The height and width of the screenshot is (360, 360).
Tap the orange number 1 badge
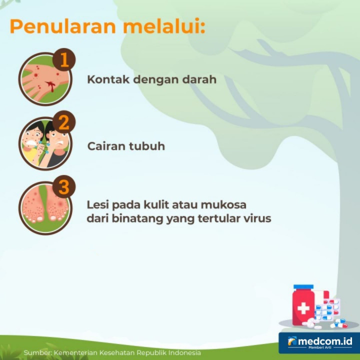(x=63, y=59)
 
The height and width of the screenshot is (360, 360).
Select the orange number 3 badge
(x=63, y=187)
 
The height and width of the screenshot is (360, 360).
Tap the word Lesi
(x=98, y=205)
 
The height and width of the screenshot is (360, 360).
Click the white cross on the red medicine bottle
(x=303, y=308)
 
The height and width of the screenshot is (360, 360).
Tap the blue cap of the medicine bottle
(x=303, y=287)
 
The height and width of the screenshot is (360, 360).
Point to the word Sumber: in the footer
(x=37, y=353)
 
